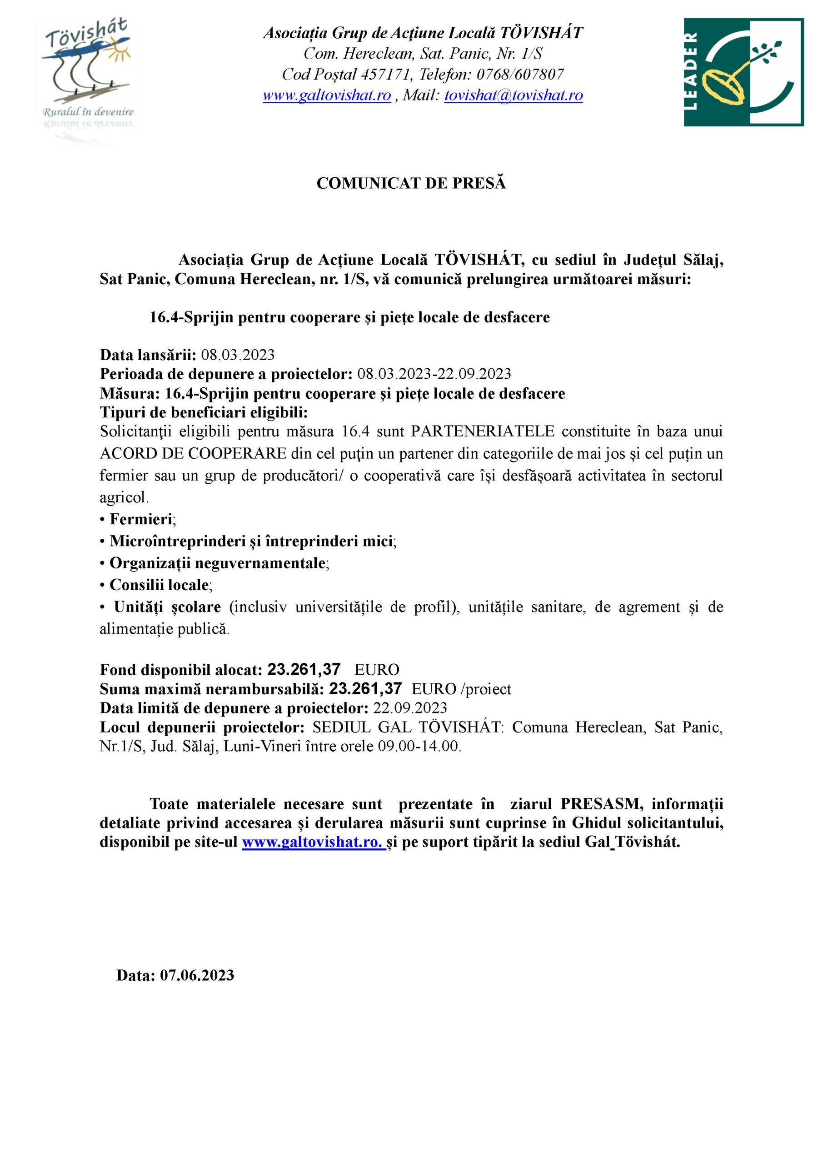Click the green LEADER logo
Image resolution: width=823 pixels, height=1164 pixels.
(743, 72)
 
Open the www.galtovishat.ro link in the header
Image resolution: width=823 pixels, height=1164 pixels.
(327, 95)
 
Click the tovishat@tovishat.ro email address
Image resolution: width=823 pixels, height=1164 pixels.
(514, 95)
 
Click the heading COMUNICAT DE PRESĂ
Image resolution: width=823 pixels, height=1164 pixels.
(411, 184)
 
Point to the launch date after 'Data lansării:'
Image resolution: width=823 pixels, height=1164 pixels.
(238, 354)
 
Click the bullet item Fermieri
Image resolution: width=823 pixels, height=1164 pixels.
(141, 519)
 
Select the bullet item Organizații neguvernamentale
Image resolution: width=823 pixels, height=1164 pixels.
(217, 563)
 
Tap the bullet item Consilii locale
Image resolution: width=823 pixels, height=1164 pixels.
(159, 585)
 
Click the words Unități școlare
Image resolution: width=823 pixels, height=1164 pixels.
(167, 607)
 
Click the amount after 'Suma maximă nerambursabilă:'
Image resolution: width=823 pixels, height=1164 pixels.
(365, 688)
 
